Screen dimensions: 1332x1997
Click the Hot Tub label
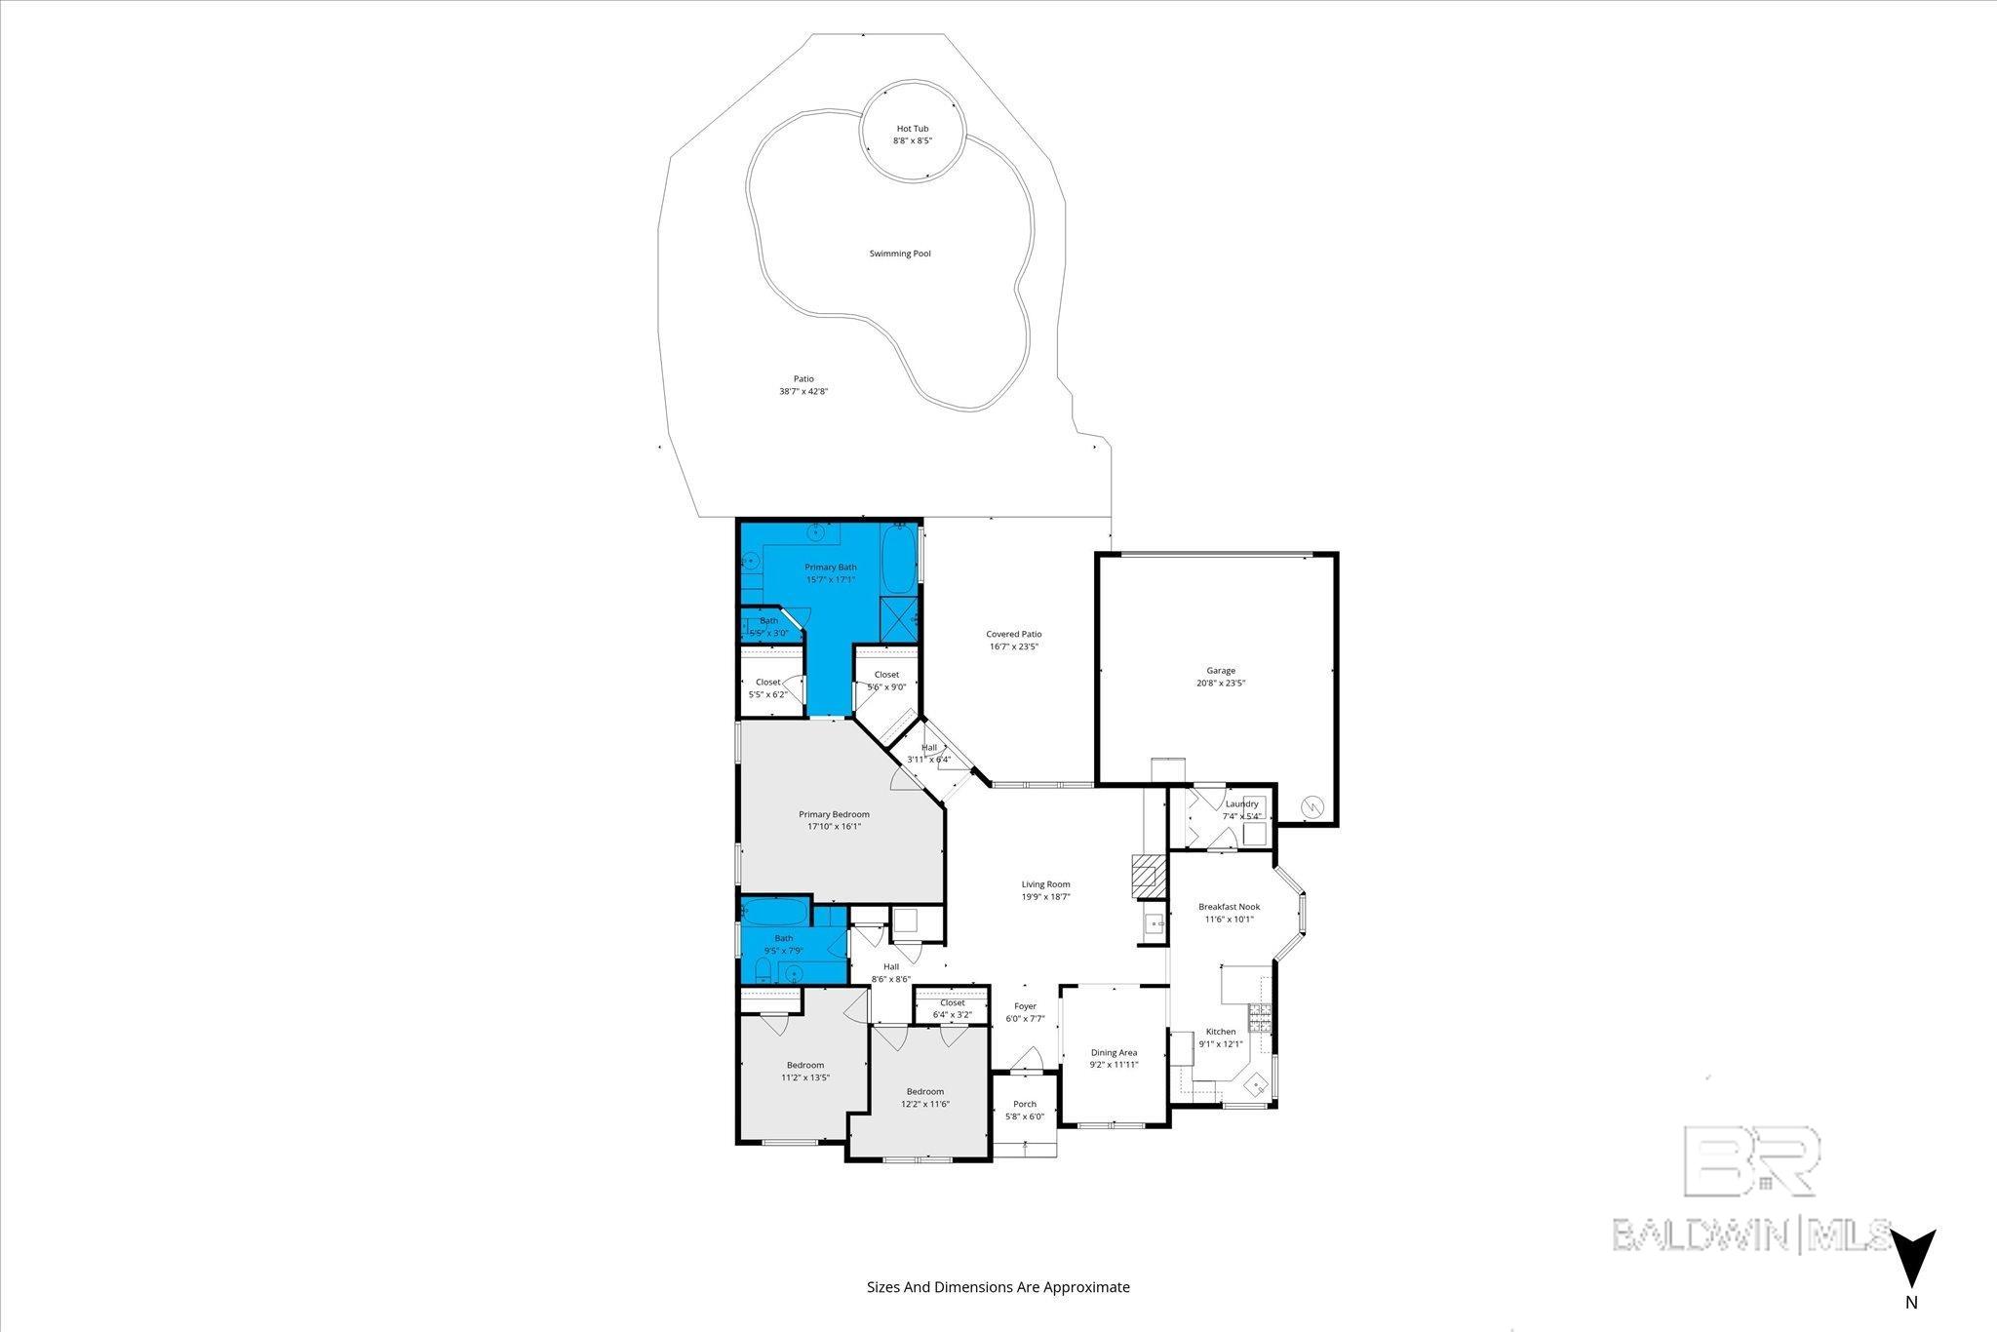point(913,129)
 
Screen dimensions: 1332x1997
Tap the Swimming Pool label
point(900,254)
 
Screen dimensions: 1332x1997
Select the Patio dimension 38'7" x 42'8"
point(803,392)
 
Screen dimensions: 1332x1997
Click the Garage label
point(1221,671)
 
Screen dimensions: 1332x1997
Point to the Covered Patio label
point(1013,634)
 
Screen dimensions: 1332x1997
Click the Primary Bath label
point(830,568)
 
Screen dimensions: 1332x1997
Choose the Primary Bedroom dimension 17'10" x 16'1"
point(834,827)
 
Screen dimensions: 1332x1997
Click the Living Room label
point(1045,884)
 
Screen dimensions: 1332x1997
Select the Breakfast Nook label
point(1229,907)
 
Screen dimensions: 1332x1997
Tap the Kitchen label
point(1221,1032)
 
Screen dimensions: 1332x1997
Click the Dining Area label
point(1114,1052)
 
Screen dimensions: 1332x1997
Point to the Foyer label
point(1025,1006)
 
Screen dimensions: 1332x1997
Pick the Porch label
point(1025,1104)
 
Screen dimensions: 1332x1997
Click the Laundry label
point(1241,803)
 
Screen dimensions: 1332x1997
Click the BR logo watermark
point(1751,1160)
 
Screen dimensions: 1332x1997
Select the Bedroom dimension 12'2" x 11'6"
point(925,1105)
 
